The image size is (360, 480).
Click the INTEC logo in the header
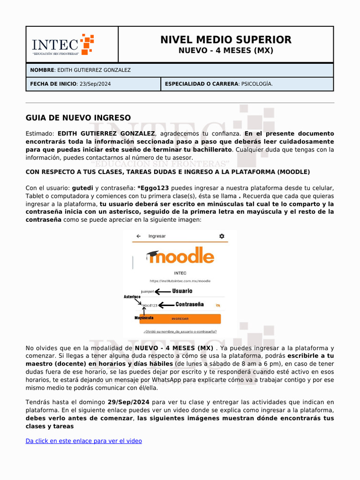pos(63,45)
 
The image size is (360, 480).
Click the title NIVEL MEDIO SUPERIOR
pos(225,40)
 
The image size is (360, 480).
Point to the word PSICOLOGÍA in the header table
pos(256,84)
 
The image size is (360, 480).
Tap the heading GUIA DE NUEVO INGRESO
pos(78,118)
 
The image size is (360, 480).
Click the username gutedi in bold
pos(82,188)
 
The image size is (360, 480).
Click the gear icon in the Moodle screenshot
pos(222,236)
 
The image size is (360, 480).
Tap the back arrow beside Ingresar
pos(139,236)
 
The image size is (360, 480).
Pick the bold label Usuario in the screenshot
pos(182,291)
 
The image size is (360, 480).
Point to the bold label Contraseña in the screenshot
pos(189,305)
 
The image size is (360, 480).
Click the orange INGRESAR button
pos(180,319)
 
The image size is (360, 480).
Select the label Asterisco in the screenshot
pos(132,297)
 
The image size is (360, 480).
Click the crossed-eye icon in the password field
pos(217,305)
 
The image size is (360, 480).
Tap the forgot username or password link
pos(180,332)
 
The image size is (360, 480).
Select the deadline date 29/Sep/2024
pos(128,402)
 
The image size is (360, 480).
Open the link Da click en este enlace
pos(83,441)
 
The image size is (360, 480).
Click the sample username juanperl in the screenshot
pos(147,292)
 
